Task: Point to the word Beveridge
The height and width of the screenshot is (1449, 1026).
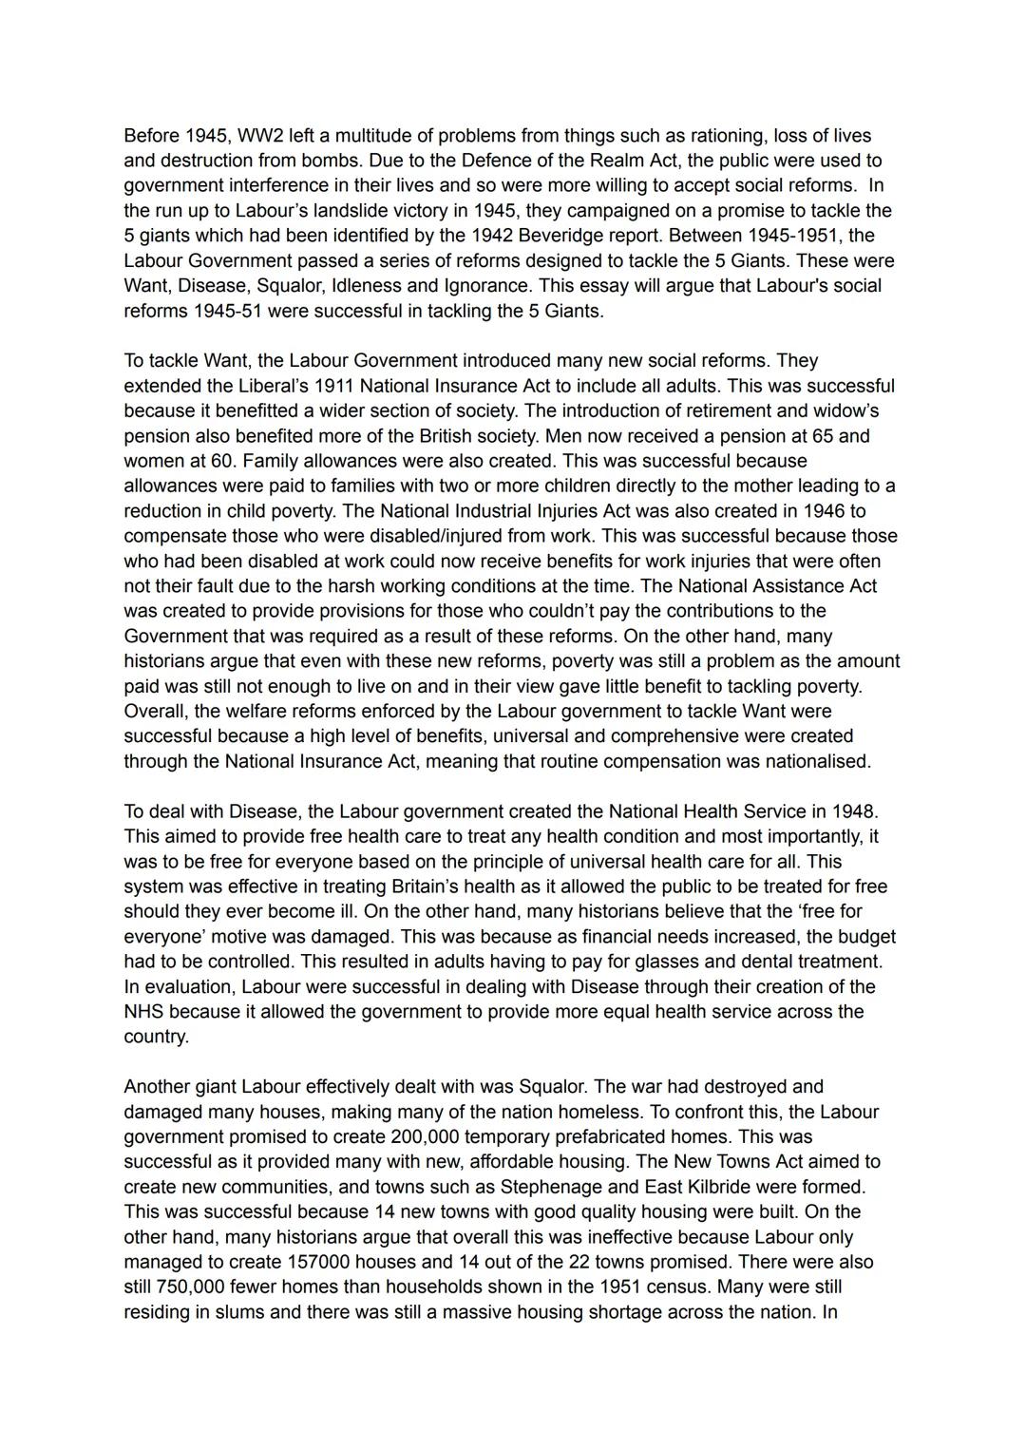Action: coord(602,235)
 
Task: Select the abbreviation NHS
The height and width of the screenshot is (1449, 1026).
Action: coord(144,1011)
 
